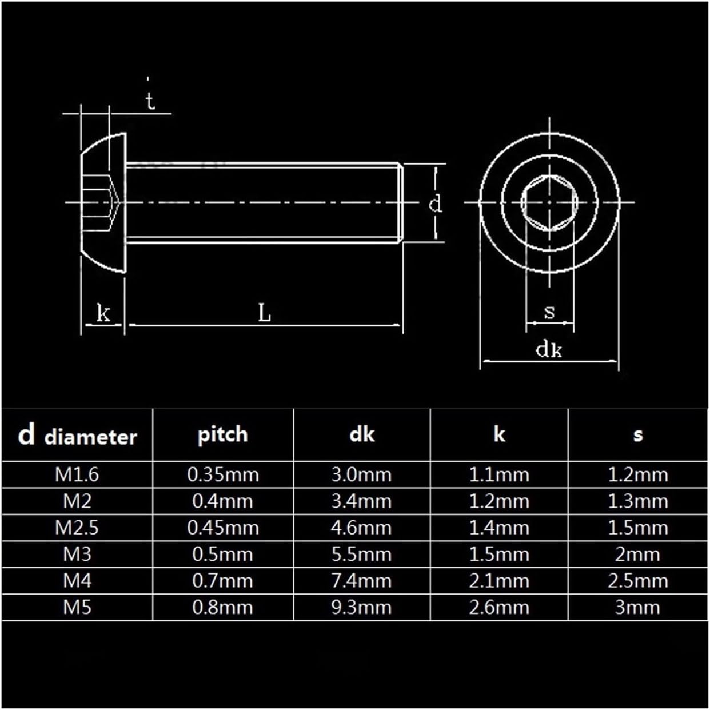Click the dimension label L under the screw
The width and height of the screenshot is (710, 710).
tap(264, 313)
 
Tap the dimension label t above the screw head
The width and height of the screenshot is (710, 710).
tap(150, 101)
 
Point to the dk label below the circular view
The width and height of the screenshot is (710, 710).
tap(549, 349)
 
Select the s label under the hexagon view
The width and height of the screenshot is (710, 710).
tap(549, 312)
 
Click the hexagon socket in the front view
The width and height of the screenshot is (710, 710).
tap(549, 202)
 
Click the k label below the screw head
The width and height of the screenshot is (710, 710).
tap(103, 313)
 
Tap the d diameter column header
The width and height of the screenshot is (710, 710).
tap(78, 435)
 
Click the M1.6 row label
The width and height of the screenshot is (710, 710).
tap(77, 474)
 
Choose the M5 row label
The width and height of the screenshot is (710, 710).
tap(77, 608)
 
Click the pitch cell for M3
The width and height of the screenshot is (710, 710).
tap(222, 555)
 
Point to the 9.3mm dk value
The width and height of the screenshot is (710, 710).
tap(361, 608)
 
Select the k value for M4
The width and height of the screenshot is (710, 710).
tap(499, 581)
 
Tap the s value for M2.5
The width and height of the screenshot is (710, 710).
tap(638, 528)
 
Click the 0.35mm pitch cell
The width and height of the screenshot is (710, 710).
tap(223, 474)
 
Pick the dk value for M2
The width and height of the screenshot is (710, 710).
tap(361, 501)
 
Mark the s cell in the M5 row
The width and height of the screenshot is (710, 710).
tap(638, 608)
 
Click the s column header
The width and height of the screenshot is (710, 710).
tap(638, 435)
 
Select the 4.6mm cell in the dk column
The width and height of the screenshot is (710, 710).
tap(361, 528)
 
